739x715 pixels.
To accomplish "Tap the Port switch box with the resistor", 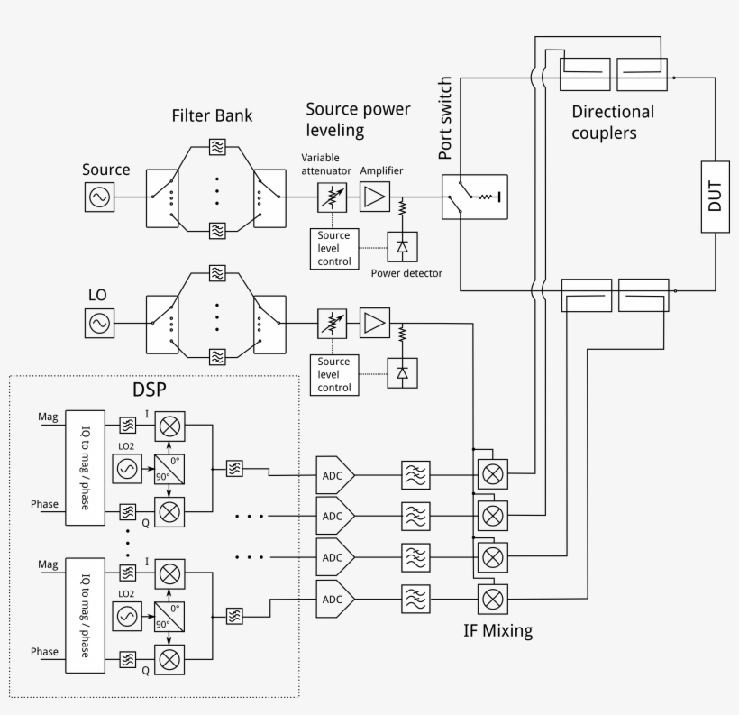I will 474,196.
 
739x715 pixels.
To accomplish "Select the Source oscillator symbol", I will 99,197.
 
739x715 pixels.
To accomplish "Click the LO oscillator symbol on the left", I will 99,322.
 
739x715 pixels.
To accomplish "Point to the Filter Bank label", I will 212,116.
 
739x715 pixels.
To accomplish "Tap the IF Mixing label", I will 497,631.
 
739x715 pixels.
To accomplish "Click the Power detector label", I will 406,272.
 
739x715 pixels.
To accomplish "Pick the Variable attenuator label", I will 326,164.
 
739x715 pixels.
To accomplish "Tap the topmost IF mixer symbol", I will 492,473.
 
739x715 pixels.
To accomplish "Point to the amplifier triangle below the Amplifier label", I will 373,197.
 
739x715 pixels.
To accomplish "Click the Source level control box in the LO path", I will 333,375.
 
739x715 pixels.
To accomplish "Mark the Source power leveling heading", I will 357,120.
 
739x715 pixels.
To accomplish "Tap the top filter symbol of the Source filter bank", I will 217,145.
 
